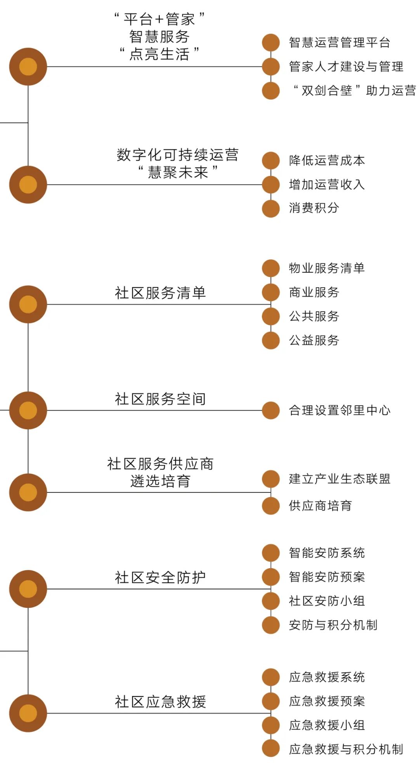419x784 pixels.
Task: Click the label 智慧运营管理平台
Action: coord(339,43)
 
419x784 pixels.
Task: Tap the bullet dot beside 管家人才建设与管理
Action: coord(271,67)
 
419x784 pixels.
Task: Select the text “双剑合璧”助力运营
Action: coord(354,91)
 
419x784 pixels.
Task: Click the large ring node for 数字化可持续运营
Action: coord(28,185)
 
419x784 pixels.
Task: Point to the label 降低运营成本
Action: coord(327,161)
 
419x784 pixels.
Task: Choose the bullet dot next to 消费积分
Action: coord(271,209)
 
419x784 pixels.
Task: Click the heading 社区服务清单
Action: coord(160,293)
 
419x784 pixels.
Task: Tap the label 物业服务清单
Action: coord(327,268)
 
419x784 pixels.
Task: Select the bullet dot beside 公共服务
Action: coord(271,316)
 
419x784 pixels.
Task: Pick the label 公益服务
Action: coord(314,340)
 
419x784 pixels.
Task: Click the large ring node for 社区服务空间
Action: coord(28,410)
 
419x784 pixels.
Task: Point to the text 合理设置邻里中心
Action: coord(339,410)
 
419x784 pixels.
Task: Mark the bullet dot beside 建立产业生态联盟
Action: coord(271,479)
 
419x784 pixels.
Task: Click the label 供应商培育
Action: coord(320,506)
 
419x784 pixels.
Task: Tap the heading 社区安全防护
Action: coord(160,577)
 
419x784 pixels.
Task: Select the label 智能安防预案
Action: coord(327,577)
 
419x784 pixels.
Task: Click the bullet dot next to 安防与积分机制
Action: coord(271,625)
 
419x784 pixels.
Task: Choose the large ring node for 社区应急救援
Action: coord(28,713)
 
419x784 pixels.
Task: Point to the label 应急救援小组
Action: coord(327,725)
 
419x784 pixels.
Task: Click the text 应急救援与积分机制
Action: coord(346,749)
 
